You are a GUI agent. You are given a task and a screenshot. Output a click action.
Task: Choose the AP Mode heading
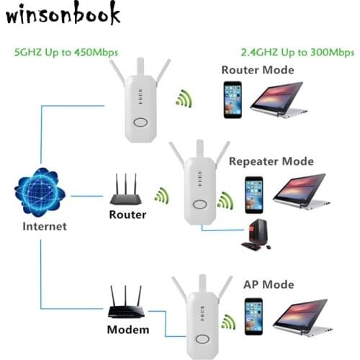268,284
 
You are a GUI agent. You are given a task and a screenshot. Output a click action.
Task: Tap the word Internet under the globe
43,226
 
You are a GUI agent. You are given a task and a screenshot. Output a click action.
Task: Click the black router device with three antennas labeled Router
127,192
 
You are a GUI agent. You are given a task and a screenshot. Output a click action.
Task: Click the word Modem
129,330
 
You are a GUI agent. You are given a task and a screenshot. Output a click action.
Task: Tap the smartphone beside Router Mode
232,99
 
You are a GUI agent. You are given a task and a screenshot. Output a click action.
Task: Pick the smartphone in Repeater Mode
251,193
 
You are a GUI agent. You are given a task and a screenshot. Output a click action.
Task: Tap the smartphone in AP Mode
252,318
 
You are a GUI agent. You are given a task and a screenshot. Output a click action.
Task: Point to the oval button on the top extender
140,122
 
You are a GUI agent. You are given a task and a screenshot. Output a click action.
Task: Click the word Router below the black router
127,215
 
